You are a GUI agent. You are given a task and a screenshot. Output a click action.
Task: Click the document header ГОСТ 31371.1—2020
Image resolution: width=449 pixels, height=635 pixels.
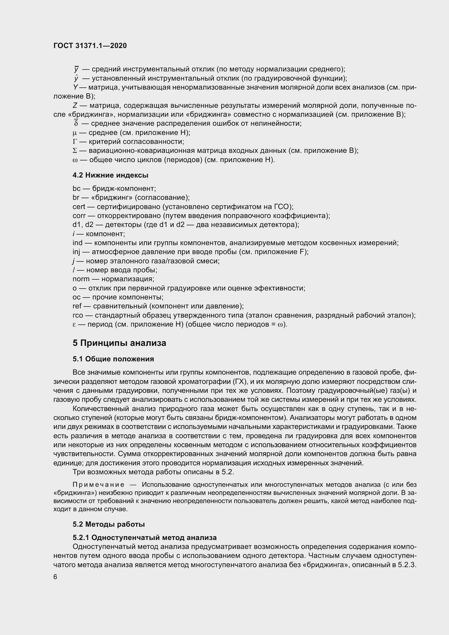tap(90, 46)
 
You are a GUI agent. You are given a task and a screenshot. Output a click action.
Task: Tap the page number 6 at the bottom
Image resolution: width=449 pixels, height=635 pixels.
tap(55, 577)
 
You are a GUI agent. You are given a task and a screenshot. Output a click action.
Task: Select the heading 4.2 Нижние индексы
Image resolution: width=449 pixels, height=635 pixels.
tap(110, 175)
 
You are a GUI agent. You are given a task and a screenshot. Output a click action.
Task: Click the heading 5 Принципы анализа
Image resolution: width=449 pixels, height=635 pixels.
tap(119, 343)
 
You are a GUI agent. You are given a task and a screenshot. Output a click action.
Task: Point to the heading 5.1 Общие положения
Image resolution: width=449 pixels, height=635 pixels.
tap(113, 359)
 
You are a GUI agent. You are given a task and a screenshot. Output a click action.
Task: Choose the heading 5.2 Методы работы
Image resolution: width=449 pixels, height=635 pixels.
tap(109, 524)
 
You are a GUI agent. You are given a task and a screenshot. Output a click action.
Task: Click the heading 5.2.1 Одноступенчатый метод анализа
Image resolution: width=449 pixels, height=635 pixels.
tap(145, 537)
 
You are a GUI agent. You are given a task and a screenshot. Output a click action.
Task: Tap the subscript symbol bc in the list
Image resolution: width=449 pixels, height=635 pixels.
tap(77, 189)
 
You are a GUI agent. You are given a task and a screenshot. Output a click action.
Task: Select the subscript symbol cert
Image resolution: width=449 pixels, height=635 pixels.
tap(79, 207)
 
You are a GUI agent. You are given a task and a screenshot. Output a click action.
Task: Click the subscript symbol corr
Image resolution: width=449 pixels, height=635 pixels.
tap(79, 216)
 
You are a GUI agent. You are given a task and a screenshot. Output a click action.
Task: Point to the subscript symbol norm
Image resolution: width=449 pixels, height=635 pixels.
tap(81, 279)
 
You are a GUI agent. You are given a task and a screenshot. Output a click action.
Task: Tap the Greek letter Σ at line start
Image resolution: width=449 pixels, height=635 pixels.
tap(74, 151)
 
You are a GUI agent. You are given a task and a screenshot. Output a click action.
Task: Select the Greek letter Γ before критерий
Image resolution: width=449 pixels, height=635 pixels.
tap(74, 142)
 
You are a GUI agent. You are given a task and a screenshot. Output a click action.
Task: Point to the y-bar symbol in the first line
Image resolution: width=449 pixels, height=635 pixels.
tap(76, 69)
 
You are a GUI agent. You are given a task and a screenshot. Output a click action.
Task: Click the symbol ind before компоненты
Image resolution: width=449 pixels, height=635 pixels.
tap(77, 243)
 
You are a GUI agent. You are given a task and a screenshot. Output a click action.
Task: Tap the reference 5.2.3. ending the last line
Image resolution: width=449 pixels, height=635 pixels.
tap(407, 565)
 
